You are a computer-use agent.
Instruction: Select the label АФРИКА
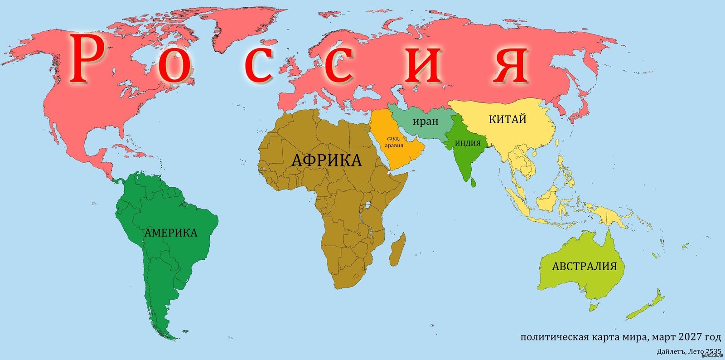[x=326, y=161]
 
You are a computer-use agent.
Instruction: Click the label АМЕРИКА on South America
[x=171, y=233]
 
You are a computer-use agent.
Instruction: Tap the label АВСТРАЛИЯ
[x=584, y=266]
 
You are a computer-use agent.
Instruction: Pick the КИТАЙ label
[x=507, y=119]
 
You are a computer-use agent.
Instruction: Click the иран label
[x=425, y=122]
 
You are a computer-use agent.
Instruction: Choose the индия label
[x=468, y=143]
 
